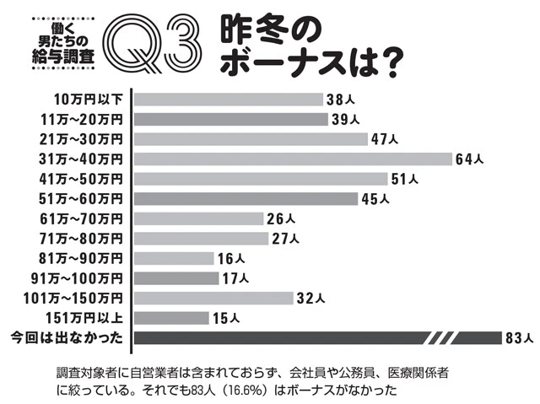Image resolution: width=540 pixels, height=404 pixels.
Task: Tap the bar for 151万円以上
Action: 171,318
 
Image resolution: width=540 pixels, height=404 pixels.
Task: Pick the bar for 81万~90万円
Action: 174,258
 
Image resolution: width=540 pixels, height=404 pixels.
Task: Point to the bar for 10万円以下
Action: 229,99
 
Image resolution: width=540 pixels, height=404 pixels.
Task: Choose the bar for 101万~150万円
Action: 213,298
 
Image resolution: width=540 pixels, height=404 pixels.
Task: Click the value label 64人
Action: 470,159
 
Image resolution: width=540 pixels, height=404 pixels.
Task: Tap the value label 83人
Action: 517,338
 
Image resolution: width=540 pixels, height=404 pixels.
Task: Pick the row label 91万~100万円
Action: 83,278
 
